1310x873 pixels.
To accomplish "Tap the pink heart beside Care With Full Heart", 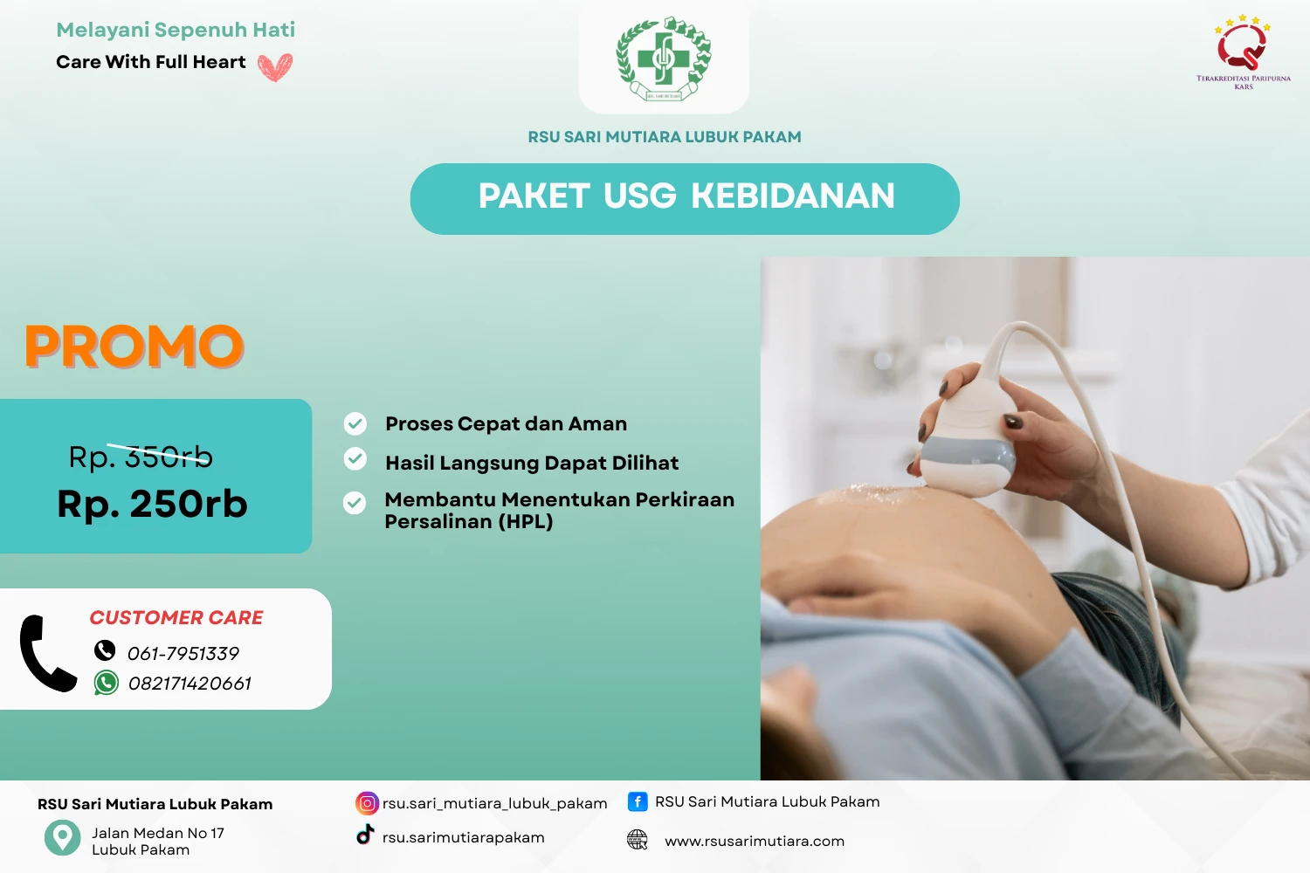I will tap(275, 66).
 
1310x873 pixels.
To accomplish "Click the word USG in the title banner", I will tap(640, 196).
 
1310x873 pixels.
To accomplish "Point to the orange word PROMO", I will tap(134, 347).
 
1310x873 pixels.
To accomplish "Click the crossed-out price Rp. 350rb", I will tap(141, 457).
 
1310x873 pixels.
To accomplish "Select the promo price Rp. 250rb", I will tap(153, 505).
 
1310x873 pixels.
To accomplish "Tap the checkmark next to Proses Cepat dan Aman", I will tap(355, 423).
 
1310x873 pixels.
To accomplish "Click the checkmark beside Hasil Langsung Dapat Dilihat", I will tap(355, 458).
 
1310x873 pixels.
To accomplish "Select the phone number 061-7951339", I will tap(183, 654).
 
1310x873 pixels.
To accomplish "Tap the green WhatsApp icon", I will tap(107, 683).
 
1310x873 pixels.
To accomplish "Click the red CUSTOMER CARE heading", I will tap(176, 618).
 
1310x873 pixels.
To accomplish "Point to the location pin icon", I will tap(62, 837).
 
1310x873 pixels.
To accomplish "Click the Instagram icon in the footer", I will tap(368, 803).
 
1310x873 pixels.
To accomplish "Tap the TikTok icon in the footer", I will tap(365, 835).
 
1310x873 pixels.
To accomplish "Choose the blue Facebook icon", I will tap(638, 801).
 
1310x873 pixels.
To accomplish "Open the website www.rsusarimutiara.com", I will tap(755, 842).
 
